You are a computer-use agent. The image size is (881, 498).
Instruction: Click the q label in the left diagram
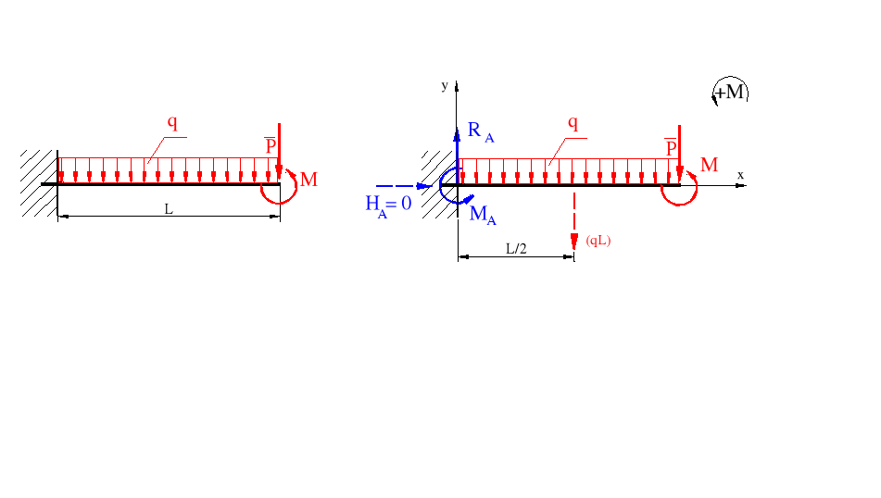tap(172, 121)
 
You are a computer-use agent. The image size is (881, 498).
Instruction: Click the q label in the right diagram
tap(573, 122)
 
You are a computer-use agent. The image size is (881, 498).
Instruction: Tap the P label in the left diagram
tap(271, 145)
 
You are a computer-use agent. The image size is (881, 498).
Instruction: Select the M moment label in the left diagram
tap(308, 180)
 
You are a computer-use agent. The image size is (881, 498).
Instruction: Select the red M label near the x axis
tap(709, 166)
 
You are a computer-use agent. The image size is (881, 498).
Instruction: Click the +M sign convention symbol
tap(730, 92)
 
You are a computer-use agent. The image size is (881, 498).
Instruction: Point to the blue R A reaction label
tap(480, 131)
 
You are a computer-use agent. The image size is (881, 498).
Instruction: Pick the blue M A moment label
tap(483, 215)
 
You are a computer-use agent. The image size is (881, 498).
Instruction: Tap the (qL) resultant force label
tap(598, 241)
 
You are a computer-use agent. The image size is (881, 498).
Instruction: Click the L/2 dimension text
tap(516, 248)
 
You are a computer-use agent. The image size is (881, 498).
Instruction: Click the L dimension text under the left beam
tap(168, 209)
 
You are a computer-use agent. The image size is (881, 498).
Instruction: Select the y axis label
tap(445, 85)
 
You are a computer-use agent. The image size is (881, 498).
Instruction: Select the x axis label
tap(740, 174)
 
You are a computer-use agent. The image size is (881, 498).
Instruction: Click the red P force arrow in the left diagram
tap(279, 148)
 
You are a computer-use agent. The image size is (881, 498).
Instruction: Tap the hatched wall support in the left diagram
tap(39, 182)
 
